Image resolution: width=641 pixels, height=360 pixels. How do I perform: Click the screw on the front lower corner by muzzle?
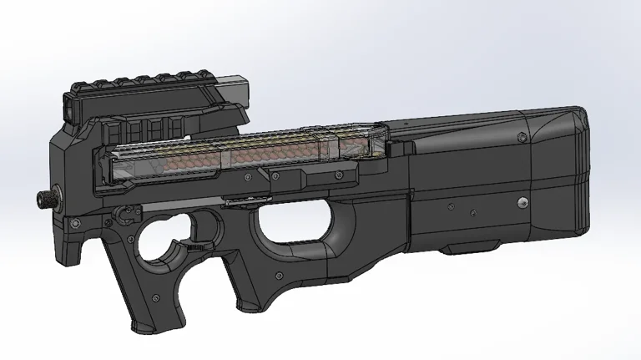[x=73, y=222]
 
